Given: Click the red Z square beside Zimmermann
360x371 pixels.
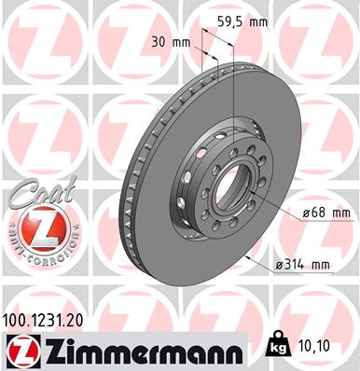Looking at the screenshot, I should coord(20,350).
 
